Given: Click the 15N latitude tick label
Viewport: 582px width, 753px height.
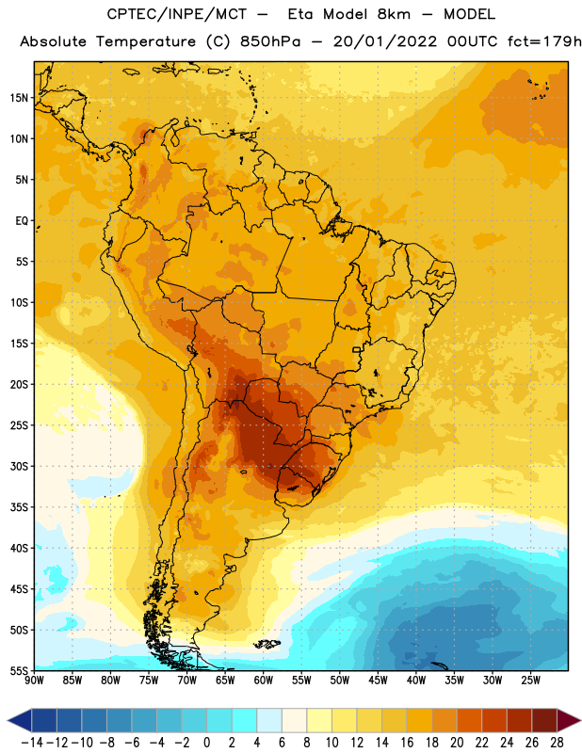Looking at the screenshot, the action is [19, 98].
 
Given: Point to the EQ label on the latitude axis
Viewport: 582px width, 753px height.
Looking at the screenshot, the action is [22, 221].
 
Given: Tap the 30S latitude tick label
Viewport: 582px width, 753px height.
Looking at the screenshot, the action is [19, 466].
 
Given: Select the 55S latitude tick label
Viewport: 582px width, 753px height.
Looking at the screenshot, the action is [19, 671].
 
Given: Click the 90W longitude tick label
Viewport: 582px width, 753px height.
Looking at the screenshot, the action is [34, 681].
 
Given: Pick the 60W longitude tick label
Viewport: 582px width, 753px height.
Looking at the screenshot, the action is [264, 681].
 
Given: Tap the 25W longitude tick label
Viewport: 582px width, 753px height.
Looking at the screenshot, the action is [530, 681].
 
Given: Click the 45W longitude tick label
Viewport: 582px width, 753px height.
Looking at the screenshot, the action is [378, 681].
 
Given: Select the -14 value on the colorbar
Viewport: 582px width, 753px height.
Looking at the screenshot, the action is [32, 743].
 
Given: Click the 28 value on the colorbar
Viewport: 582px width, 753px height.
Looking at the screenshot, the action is [557, 743].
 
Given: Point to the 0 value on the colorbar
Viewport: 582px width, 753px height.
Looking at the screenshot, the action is [206, 743].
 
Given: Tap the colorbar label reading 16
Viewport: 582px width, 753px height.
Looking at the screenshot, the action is [407, 743].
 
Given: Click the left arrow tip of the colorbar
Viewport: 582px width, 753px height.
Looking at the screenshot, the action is [8, 720].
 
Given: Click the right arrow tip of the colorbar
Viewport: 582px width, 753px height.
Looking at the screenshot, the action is [581, 720].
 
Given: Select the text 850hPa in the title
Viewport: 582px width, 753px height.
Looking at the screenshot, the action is [269, 41].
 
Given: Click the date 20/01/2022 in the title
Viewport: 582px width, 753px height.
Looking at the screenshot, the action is [385, 41].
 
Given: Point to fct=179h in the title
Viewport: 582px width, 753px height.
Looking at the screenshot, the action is [544, 41].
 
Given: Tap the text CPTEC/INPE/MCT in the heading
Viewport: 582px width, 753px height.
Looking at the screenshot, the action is [176, 14].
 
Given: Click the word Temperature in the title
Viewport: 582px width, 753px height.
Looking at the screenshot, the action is [146, 42].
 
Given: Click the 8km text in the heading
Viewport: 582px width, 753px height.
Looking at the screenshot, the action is [394, 14].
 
